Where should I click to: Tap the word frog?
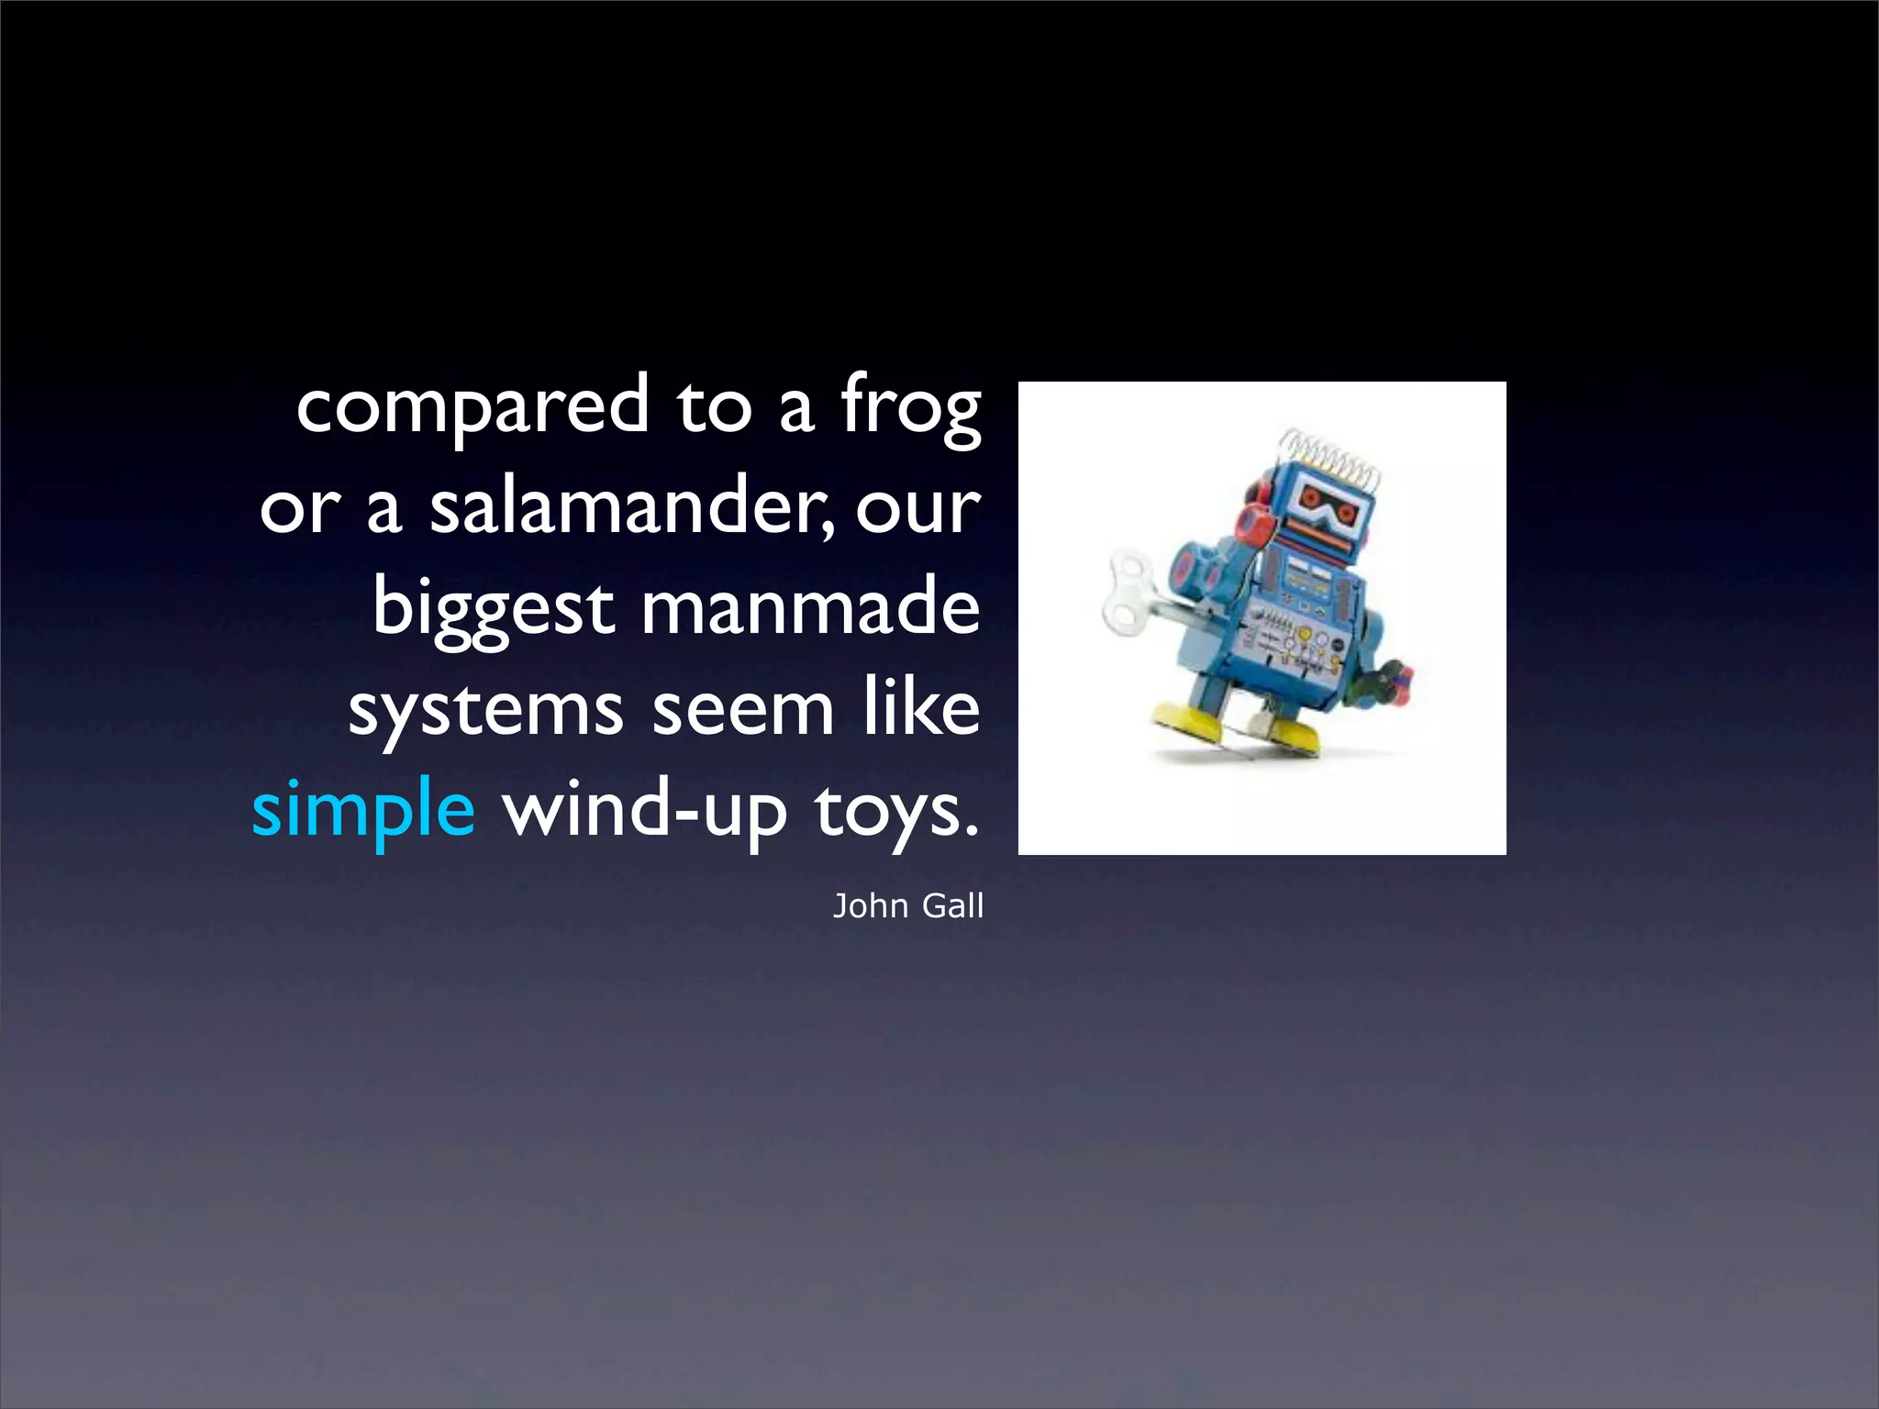(911, 406)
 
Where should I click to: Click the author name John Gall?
(907, 906)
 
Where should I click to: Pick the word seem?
(742, 709)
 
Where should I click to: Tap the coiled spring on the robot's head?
(1329, 456)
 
